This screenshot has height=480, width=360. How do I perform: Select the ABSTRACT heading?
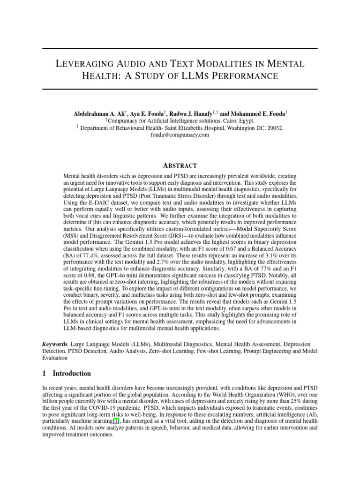tap(180, 165)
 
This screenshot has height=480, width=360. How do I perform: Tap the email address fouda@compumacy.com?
tap(180, 135)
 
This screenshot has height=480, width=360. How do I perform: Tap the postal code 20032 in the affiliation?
tap(275, 127)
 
